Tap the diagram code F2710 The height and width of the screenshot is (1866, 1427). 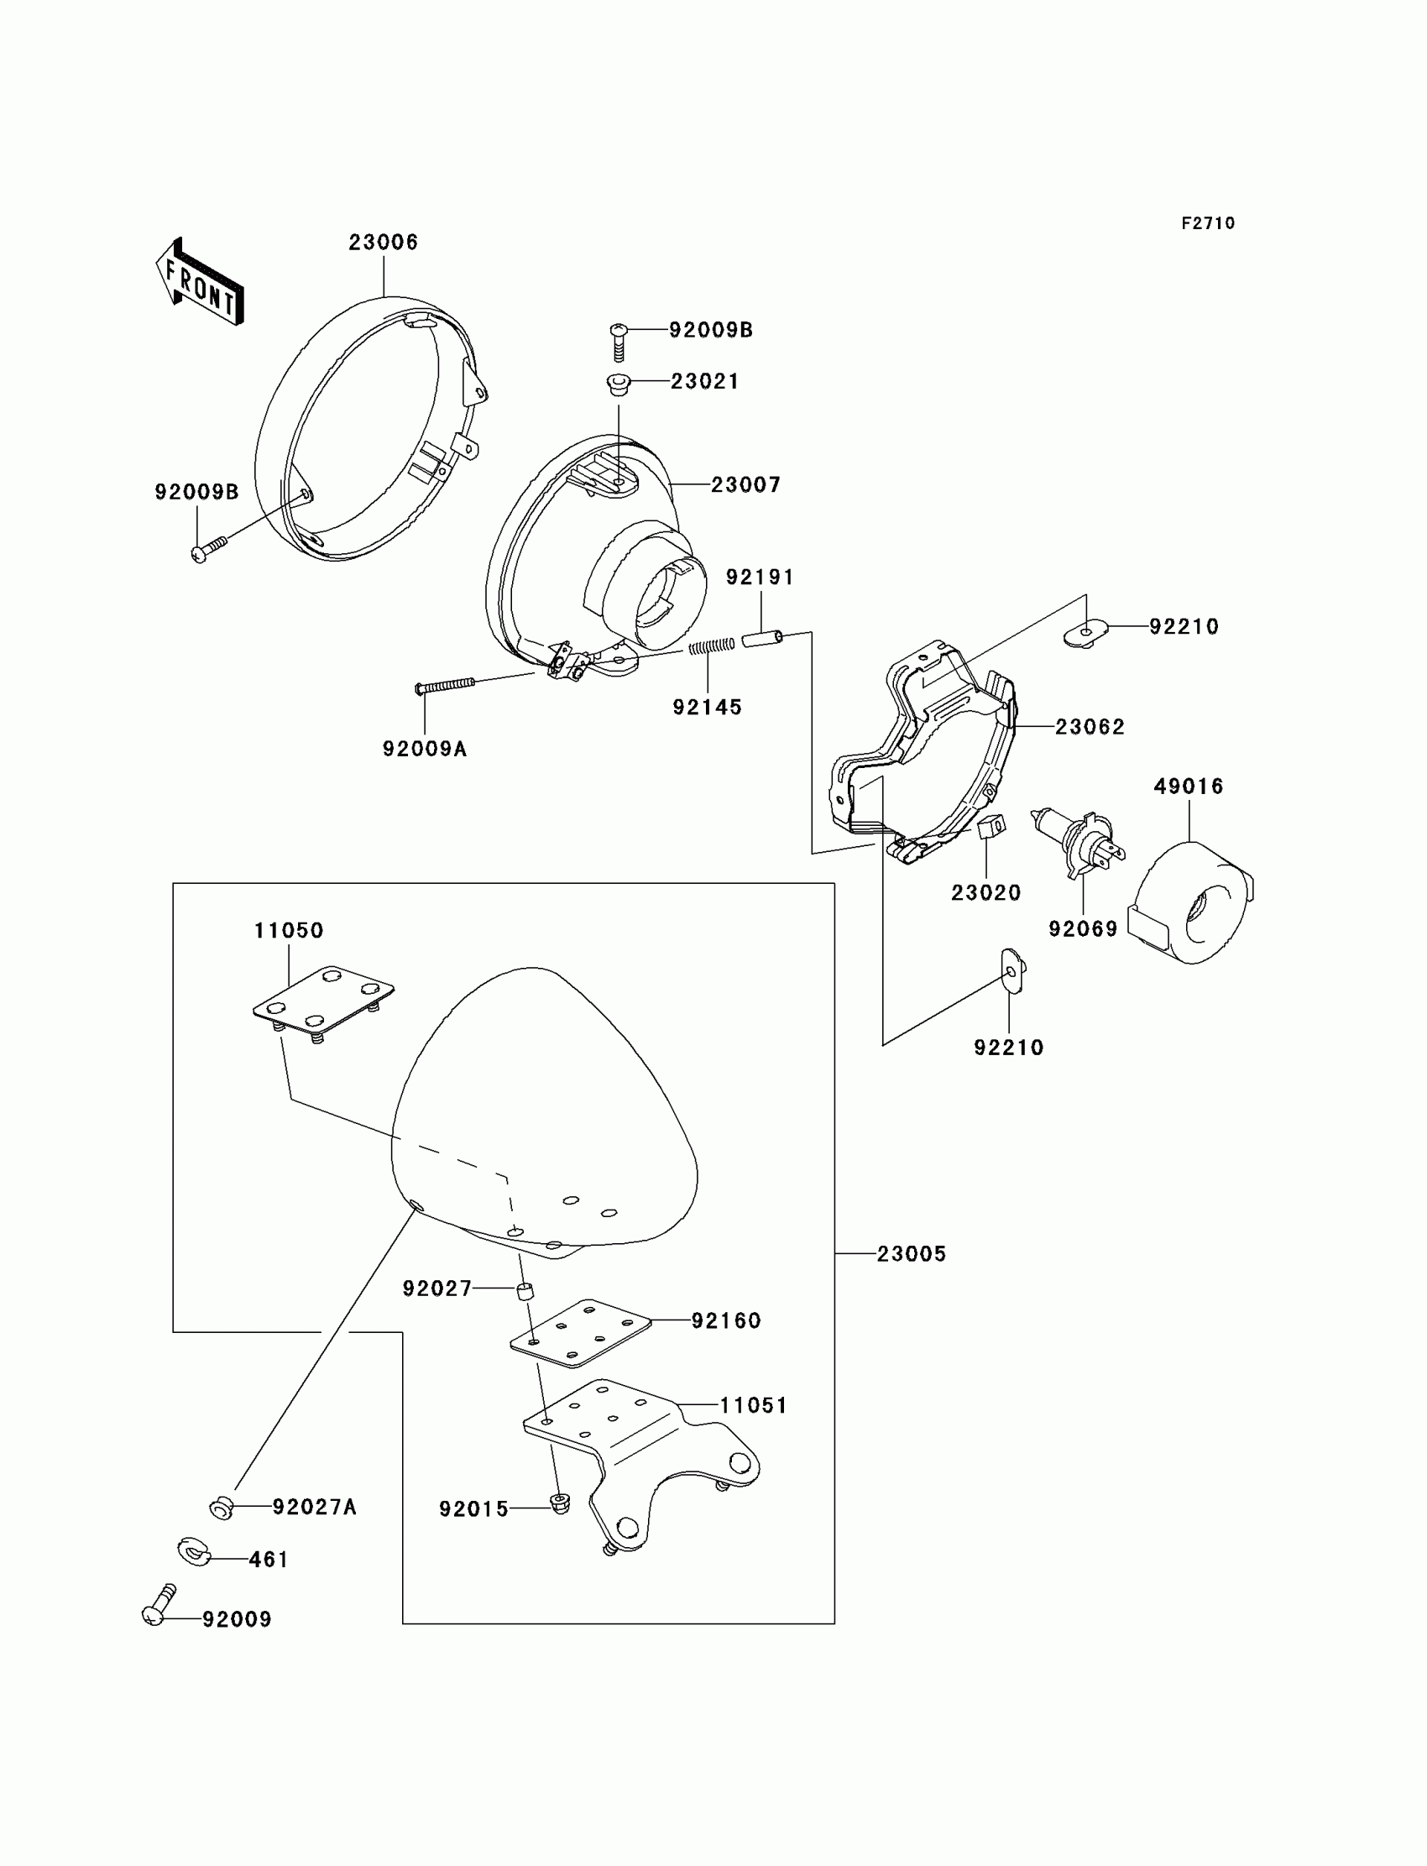pyautogui.click(x=1207, y=223)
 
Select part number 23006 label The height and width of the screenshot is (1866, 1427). pyautogui.click(x=383, y=242)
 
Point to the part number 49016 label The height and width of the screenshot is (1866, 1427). pyautogui.click(x=1189, y=787)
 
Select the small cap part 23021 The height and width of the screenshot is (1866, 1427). pyautogui.click(x=619, y=383)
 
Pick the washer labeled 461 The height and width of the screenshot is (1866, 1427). pyautogui.click(x=194, y=1552)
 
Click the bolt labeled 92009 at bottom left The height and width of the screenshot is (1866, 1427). pyautogui.click(x=159, y=1603)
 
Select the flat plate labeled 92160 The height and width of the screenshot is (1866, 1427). pyautogui.click(x=580, y=1333)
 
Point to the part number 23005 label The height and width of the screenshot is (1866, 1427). pyautogui.click(x=912, y=1253)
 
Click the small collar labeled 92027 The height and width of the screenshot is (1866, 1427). pyautogui.click(x=525, y=1293)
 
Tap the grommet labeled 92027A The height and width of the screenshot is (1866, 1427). pyautogui.click(x=222, y=1508)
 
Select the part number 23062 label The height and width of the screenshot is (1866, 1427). pyautogui.click(x=1090, y=727)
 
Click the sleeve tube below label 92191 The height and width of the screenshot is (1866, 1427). pyautogui.click(x=762, y=638)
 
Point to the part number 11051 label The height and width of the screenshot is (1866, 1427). pyautogui.click(x=754, y=1406)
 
